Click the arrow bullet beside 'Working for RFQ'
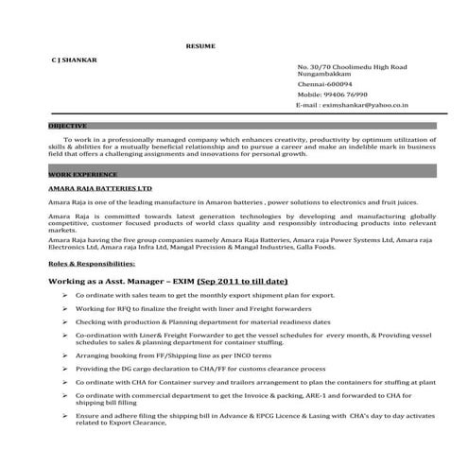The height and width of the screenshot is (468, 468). click(63, 309)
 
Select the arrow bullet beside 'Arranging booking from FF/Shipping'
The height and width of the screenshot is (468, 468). click(63, 355)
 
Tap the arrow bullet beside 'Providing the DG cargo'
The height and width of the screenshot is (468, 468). click(63, 368)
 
